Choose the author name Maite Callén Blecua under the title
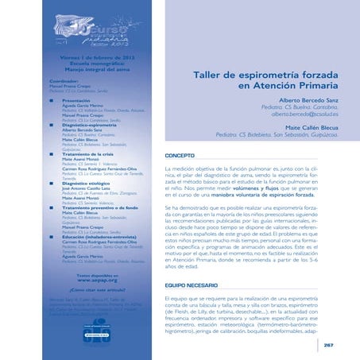click(x=306, y=127)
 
